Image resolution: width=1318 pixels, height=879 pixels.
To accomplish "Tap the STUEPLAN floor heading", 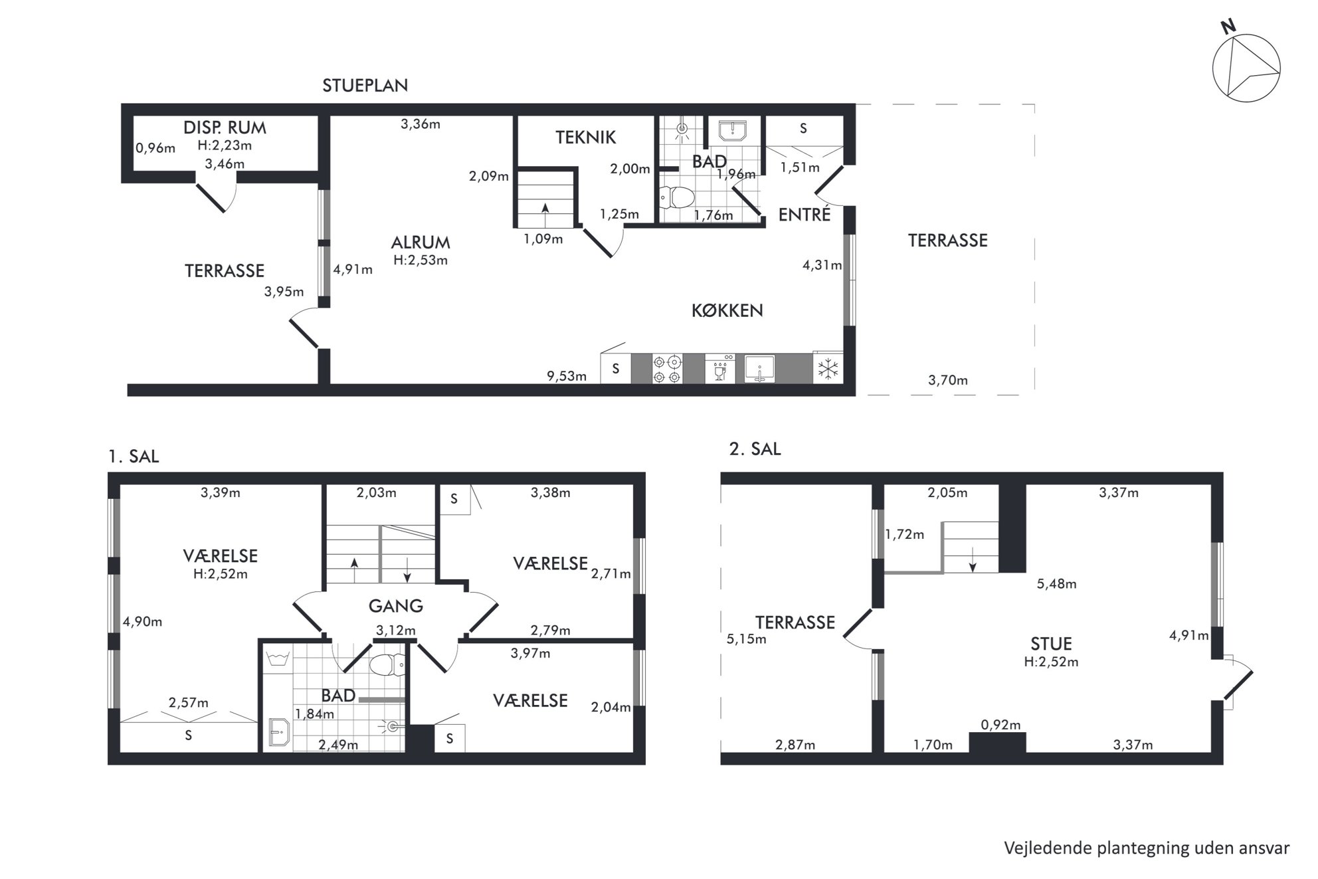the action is [x=365, y=86].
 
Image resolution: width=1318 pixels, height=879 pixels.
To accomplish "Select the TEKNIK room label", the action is [x=585, y=138].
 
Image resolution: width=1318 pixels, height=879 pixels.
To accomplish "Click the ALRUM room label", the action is [x=421, y=243].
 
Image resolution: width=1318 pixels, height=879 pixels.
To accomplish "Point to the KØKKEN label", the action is [x=727, y=310].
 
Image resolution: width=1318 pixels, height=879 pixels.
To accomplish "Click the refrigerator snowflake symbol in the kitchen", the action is [x=828, y=369].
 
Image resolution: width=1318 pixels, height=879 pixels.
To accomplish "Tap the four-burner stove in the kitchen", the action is [x=667, y=369].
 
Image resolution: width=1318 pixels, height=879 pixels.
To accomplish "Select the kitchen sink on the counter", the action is [x=760, y=369].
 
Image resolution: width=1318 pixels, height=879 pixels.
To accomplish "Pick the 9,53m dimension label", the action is [x=567, y=377].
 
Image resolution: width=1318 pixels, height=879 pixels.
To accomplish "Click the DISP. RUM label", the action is [x=225, y=128].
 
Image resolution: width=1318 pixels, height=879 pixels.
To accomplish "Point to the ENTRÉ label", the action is [x=804, y=215].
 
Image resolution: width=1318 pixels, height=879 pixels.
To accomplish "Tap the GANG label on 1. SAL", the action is [x=395, y=606].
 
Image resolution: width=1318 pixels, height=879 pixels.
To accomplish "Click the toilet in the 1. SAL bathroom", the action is [x=388, y=664].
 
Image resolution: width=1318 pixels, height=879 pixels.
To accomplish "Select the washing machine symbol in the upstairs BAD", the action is [x=277, y=659].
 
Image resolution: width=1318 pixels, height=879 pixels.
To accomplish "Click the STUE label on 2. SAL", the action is [x=1051, y=644].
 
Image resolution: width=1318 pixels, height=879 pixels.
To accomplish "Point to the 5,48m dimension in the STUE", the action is [x=1056, y=584].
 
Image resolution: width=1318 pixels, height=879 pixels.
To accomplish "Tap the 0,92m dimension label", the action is [x=1000, y=725].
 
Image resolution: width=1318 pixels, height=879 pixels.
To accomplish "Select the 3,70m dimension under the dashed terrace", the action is [x=947, y=381].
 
